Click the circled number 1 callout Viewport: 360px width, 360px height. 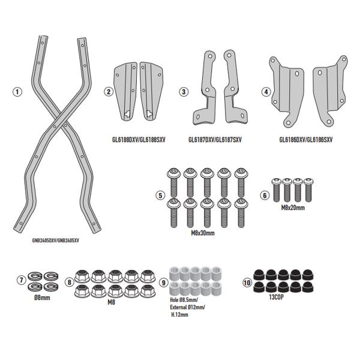point(17,92)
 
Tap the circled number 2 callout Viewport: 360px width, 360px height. point(109,92)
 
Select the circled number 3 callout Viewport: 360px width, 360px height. point(184,92)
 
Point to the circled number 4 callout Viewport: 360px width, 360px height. point(266,92)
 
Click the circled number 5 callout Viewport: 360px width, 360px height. point(160,196)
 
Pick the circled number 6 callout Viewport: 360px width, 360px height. point(265,196)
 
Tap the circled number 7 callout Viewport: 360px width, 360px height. point(22,280)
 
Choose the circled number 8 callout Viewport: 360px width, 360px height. point(70,282)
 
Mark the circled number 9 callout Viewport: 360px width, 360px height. point(163,283)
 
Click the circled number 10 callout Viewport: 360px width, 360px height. point(247,283)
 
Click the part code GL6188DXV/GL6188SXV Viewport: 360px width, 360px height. point(139,140)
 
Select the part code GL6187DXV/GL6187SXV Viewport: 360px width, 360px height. point(215,140)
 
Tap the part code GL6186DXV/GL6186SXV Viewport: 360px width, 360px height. point(305,140)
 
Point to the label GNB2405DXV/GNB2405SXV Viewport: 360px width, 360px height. point(56,241)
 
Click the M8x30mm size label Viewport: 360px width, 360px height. point(203,233)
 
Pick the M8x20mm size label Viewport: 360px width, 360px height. point(293,208)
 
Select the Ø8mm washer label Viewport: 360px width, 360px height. point(42,298)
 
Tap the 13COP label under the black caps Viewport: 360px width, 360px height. point(276,298)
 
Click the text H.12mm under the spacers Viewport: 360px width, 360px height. point(179,315)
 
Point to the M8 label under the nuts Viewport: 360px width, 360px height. point(112,302)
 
